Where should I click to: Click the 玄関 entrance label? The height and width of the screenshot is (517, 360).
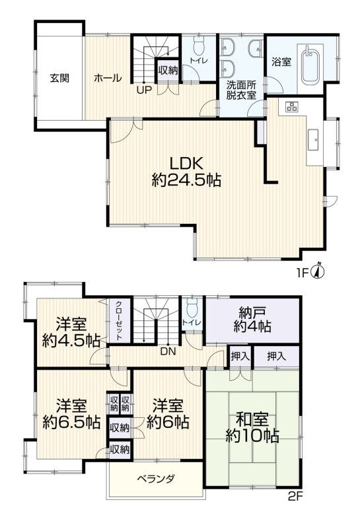point(59,79)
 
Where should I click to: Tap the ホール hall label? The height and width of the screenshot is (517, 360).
point(108,79)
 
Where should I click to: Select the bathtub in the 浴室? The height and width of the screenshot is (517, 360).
point(310,65)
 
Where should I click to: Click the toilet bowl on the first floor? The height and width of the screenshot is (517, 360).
point(199,46)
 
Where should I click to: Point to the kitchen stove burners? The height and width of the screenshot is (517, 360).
point(291,106)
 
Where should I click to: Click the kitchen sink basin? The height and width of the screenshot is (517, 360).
point(314,140)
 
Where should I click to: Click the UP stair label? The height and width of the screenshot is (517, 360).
point(145,90)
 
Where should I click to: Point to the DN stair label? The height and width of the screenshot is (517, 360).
point(168,352)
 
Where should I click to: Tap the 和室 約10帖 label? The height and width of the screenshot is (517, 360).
point(252,428)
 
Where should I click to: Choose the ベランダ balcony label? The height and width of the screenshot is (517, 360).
point(156,479)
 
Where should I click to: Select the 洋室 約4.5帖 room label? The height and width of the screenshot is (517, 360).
point(71,332)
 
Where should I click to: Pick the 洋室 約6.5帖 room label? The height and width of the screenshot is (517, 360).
point(71,414)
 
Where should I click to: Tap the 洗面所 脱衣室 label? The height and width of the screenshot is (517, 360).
point(241,90)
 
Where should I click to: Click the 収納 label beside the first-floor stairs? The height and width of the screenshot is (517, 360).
point(168,70)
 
